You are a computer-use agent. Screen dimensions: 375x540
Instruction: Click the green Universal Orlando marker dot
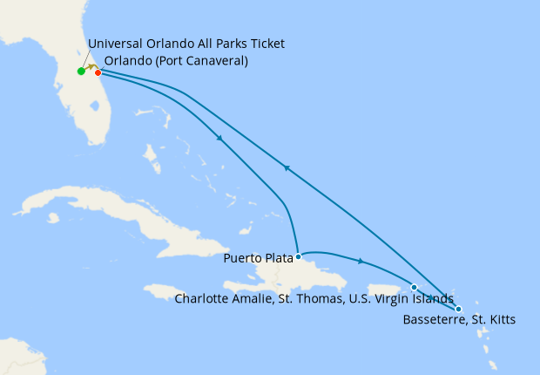pyautogui.click(x=80, y=72)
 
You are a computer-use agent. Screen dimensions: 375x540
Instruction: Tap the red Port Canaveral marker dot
pyautogui.click(x=98, y=72)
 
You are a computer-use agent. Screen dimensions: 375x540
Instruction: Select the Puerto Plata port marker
pyautogui.click(x=299, y=256)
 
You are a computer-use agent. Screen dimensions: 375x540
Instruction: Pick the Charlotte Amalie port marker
pyautogui.click(x=414, y=287)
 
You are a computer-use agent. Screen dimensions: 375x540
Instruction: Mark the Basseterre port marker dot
pyautogui.click(x=459, y=309)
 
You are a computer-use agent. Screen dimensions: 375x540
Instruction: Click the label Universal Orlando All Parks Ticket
pyautogui.click(x=186, y=44)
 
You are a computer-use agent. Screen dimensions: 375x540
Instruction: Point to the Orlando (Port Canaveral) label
pyautogui.click(x=176, y=61)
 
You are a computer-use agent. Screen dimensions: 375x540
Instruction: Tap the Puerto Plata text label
pyautogui.click(x=258, y=257)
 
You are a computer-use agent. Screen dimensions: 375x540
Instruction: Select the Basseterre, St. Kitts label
pyautogui.click(x=459, y=320)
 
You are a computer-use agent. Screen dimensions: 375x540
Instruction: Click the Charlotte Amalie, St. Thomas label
pyautogui.click(x=314, y=299)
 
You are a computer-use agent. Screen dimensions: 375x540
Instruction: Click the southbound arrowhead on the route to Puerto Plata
pyautogui.click(x=219, y=138)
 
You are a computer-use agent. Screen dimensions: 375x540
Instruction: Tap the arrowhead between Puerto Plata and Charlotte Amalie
pyautogui.click(x=360, y=260)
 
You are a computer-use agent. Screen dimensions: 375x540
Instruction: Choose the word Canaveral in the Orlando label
pyautogui.click(x=213, y=61)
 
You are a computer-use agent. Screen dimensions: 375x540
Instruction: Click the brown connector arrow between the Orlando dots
pyautogui.click(x=90, y=68)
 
